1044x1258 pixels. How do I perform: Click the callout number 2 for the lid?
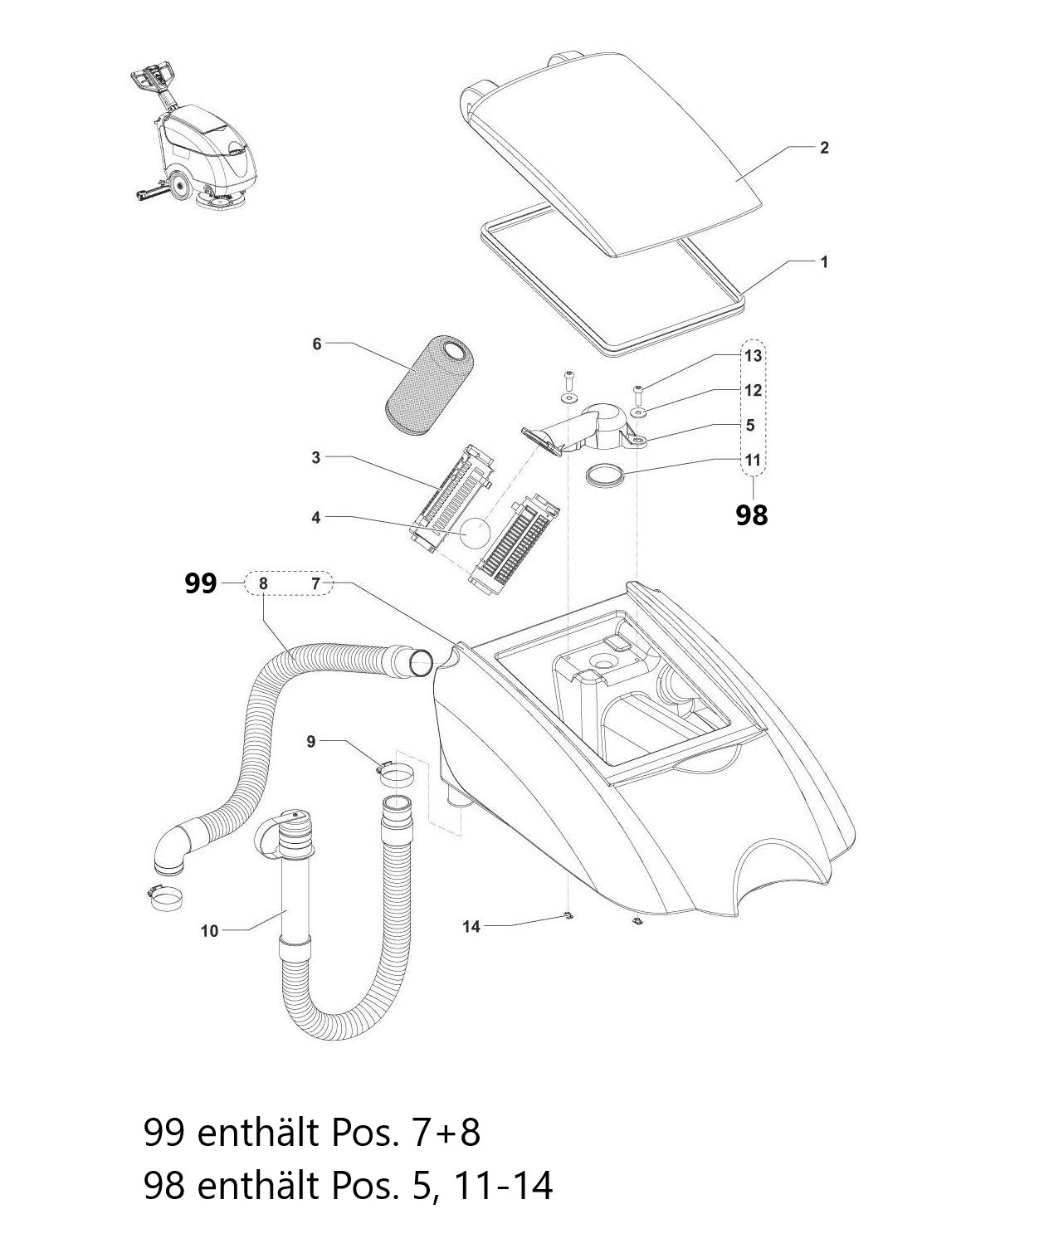pyautogui.click(x=823, y=148)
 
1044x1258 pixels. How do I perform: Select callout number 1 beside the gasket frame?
pyautogui.click(x=823, y=261)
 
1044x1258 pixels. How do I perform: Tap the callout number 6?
pyautogui.click(x=316, y=344)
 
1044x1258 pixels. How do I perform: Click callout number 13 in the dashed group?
pyautogui.click(x=752, y=356)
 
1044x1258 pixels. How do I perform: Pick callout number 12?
pyautogui.click(x=752, y=390)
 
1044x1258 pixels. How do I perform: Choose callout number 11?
pyautogui.click(x=752, y=460)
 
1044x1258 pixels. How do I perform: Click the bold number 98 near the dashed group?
pyautogui.click(x=752, y=515)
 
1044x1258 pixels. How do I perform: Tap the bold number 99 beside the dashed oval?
pyautogui.click(x=200, y=583)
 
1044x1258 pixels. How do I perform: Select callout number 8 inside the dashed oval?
pyautogui.click(x=263, y=583)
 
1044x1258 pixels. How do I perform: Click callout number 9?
pyautogui.click(x=311, y=741)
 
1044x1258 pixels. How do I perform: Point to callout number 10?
pyautogui.click(x=209, y=931)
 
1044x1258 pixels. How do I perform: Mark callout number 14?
pyautogui.click(x=471, y=927)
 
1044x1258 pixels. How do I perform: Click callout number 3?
pyautogui.click(x=315, y=457)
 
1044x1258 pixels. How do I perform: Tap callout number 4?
pyautogui.click(x=315, y=517)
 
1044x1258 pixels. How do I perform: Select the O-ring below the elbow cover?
pyautogui.click(x=604, y=475)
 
